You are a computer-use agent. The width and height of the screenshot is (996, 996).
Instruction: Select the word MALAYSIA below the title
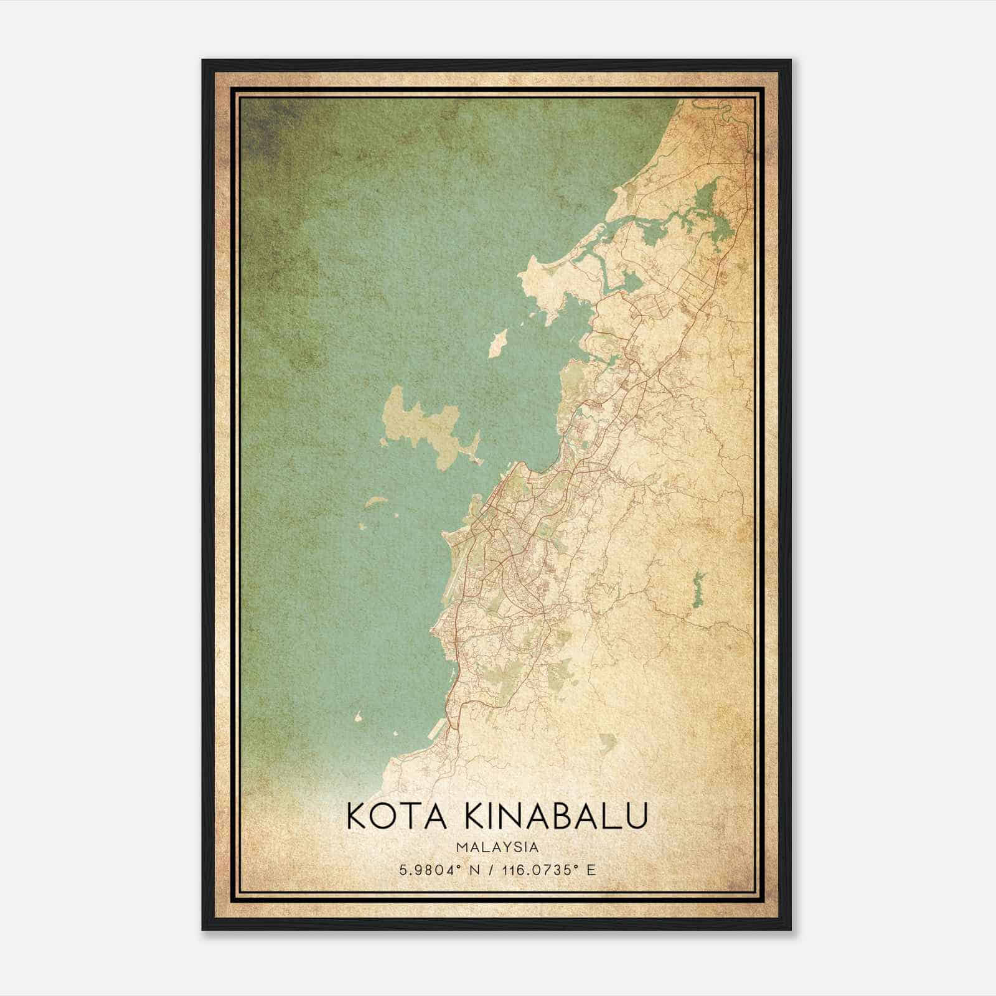point(497,847)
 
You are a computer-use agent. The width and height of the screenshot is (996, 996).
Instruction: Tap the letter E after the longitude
point(591,870)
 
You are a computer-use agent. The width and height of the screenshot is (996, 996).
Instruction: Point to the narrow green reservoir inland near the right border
point(698,588)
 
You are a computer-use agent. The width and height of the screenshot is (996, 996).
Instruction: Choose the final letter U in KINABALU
point(636,815)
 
